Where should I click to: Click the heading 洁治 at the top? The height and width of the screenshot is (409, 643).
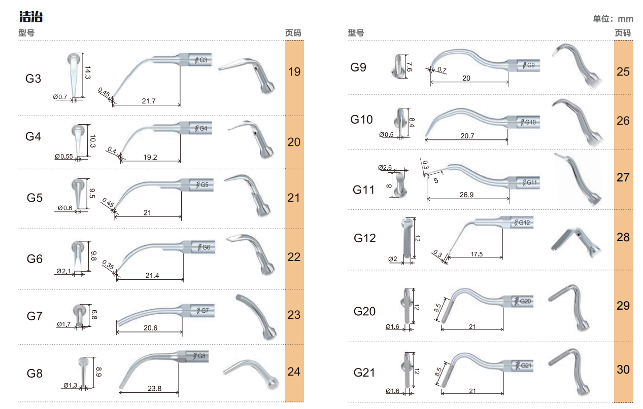click(x=31, y=17)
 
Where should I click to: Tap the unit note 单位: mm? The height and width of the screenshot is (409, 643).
click(x=613, y=19)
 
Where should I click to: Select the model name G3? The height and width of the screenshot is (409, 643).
click(x=33, y=79)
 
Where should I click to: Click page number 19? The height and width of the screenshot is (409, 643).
click(x=294, y=71)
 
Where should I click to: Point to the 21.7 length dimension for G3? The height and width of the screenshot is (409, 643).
click(x=149, y=101)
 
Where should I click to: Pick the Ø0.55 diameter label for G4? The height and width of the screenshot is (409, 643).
click(x=64, y=157)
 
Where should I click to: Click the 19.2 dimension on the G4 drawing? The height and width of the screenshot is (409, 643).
click(x=150, y=157)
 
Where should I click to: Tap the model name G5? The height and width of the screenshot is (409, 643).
click(x=35, y=198)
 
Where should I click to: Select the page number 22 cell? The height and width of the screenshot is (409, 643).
click(x=294, y=257)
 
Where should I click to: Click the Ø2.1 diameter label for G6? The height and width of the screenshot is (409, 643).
click(x=63, y=271)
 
